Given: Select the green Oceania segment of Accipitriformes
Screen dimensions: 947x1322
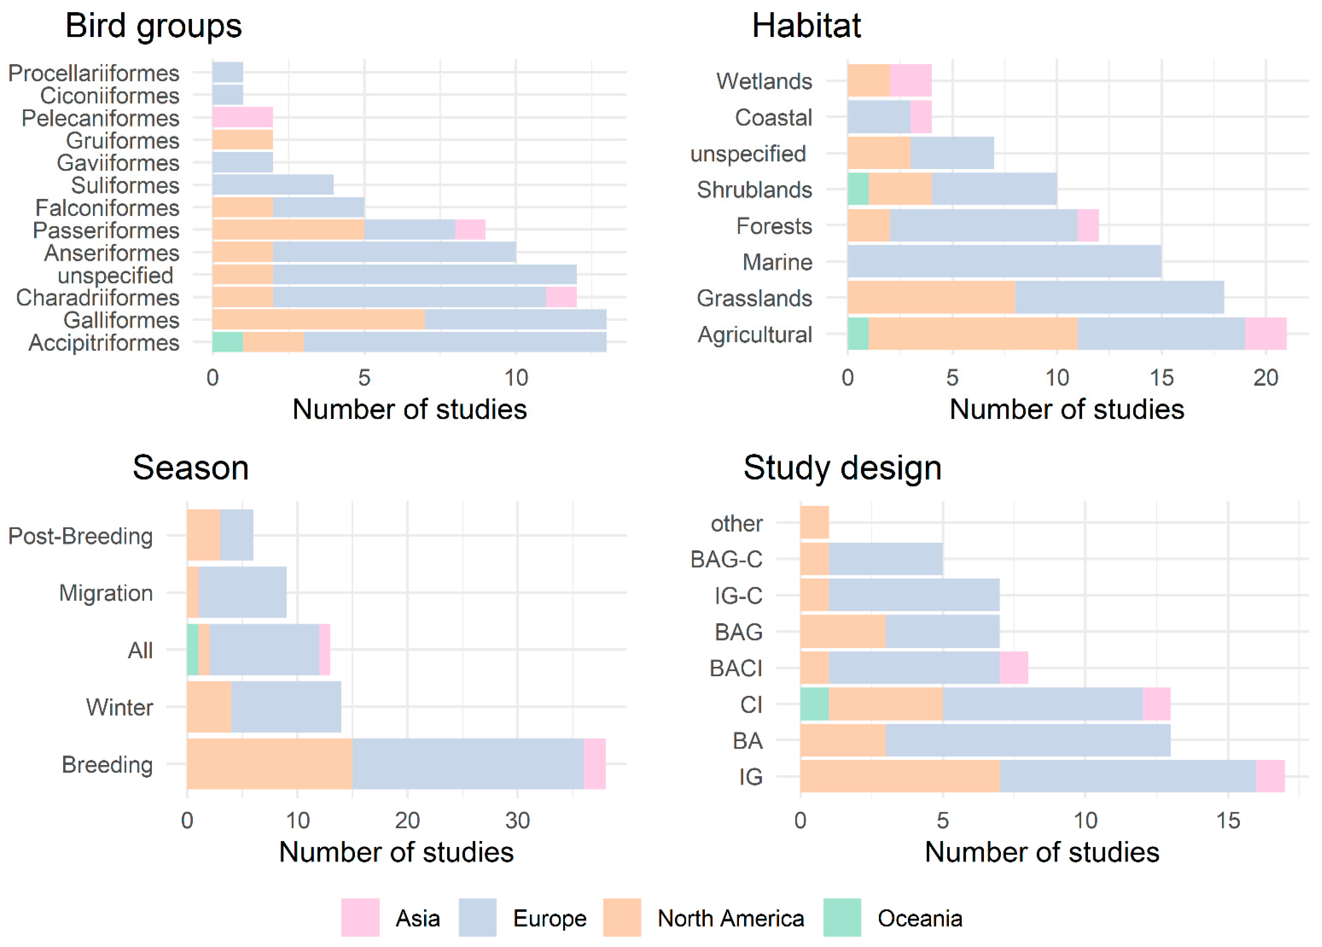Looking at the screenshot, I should [227, 342].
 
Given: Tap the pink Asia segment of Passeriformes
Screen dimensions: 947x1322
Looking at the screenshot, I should [470, 230].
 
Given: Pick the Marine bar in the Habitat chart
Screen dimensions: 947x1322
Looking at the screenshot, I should [1004, 262].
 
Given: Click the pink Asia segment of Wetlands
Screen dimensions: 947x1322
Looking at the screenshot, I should [910, 80].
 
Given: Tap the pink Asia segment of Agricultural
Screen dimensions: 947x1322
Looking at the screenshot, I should [1265, 334].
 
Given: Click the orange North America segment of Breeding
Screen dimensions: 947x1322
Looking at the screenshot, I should [269, 764].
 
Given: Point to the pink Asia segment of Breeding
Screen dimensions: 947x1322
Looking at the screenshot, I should [595, 764].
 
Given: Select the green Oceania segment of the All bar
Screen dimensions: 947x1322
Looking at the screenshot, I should [192, 650].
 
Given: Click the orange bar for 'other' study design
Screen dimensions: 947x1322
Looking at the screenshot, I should [814, 523].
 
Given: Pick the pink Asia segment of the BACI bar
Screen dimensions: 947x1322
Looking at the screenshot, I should [1014, 668].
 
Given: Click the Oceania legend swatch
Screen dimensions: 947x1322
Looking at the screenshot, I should [842, 918].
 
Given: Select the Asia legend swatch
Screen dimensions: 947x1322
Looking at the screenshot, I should [360, 918].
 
